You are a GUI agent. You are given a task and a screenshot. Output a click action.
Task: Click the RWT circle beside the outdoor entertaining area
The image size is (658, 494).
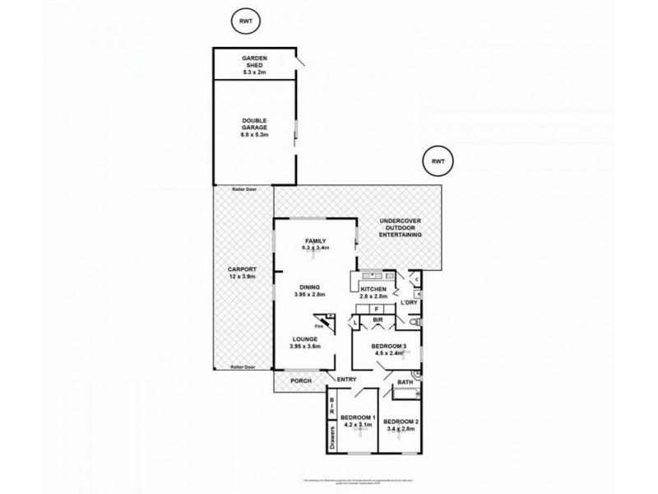(x=437, y=162)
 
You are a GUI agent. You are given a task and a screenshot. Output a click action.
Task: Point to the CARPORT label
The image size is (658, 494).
(x=243, y=273)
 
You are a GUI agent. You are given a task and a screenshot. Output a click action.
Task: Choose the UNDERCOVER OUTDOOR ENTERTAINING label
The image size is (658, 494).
(x=401, y=228)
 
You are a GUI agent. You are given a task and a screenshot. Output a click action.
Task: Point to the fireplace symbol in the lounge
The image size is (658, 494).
(x=327, y=324)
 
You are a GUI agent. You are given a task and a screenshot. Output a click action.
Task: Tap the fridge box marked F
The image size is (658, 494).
(x=376, y=309)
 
